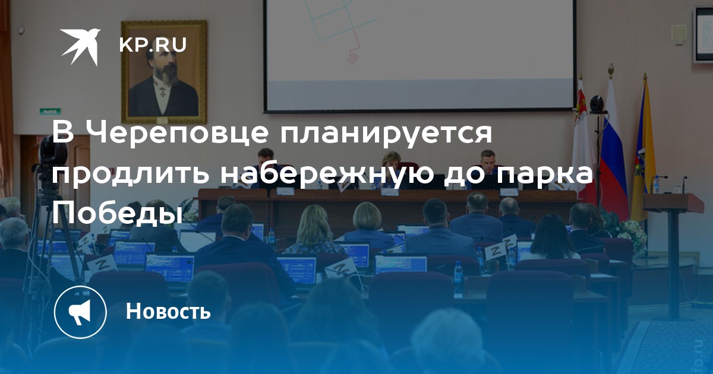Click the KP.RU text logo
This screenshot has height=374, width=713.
point(153,45)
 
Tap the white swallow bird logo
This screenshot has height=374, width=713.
point(80,46)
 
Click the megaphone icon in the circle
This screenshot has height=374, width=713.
point(80,312)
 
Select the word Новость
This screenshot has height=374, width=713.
point(168,310)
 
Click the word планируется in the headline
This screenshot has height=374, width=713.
point(386,133)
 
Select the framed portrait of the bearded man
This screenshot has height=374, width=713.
point(164,72)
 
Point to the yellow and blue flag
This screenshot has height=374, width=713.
point(643,153)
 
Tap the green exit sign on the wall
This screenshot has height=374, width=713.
point(51,112)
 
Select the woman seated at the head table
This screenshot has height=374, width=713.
point(390,169)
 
